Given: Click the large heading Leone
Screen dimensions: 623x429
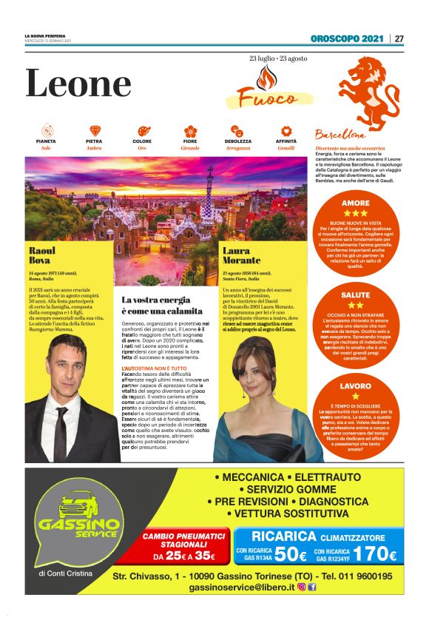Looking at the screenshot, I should point(78,84).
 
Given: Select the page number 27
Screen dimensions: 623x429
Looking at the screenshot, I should point(399,38).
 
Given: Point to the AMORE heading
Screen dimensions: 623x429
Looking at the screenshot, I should point(356,203).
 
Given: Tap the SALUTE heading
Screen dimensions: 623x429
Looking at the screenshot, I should point(356,294).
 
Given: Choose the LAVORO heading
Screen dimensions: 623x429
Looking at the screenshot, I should point(356,386).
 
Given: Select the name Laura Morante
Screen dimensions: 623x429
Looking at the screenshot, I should point(241,255).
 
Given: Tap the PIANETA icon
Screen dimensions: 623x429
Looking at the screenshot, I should point(46,131).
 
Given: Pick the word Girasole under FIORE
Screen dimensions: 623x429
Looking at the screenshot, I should point(190,148).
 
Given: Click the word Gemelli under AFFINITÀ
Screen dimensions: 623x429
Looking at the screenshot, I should point(286,148).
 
